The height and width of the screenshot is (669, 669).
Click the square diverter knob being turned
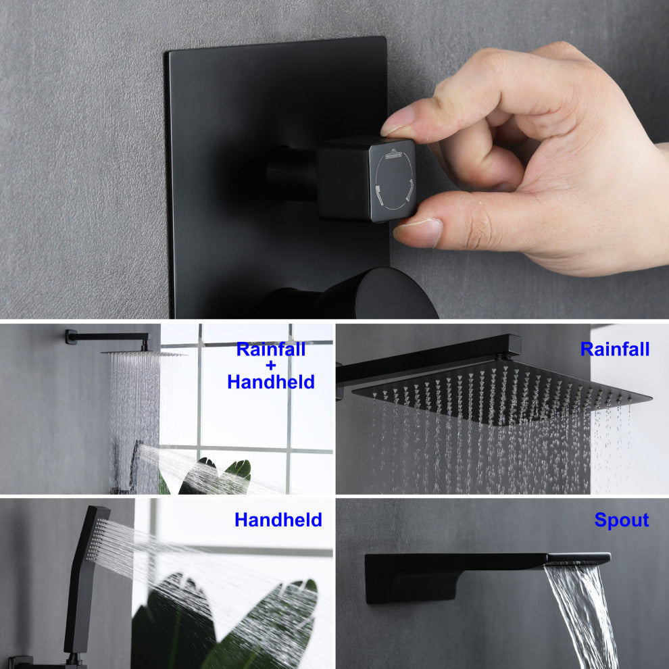point(366,179)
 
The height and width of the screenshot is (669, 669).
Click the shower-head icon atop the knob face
point(393,153)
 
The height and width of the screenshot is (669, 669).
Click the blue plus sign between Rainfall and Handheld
point(270,366)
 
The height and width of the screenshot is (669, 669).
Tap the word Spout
point(621,520)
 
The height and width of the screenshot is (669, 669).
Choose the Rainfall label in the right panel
point(615,349)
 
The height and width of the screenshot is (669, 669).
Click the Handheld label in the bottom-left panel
point(278,520)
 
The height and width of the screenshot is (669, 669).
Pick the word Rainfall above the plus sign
point(271,349)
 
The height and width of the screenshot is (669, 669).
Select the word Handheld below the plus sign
point(271,382)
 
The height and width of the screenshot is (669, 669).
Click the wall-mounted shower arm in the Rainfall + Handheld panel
point(107,337)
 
